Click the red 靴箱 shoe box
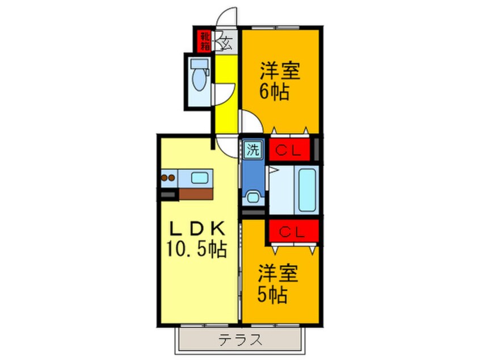[204, 39]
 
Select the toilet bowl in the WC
[199, 79]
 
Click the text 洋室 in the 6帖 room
[280, 72]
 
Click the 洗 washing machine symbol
[252, 150]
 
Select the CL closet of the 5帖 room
[293, 232]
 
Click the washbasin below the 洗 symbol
[252, 198]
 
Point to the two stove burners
[167, 178]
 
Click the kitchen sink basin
[200, 178]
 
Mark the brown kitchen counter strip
[195, 193]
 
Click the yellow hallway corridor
[225, 97]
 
